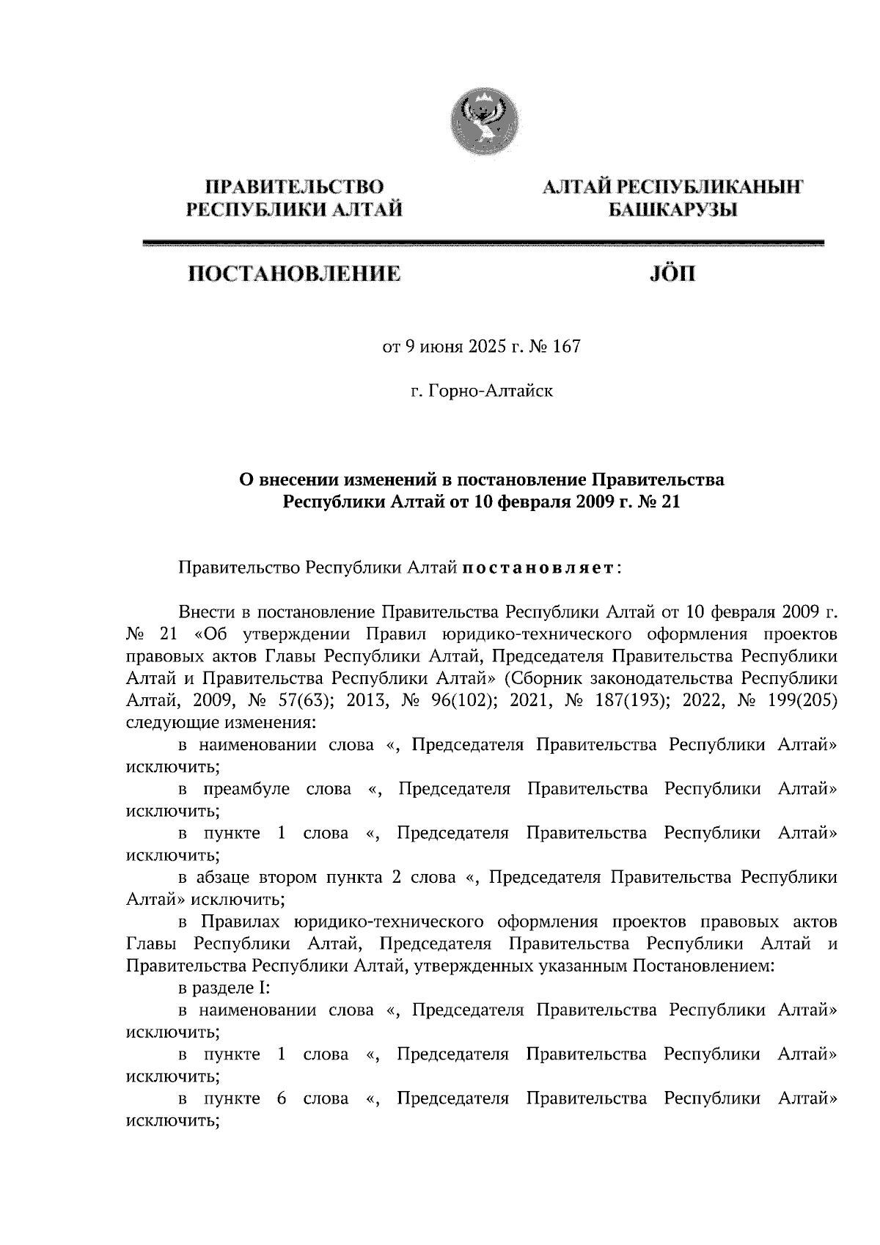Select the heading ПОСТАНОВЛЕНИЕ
295,274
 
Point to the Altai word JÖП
672,274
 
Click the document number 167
566,346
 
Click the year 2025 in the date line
487,346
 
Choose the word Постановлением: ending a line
703,966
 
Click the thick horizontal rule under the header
482,243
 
